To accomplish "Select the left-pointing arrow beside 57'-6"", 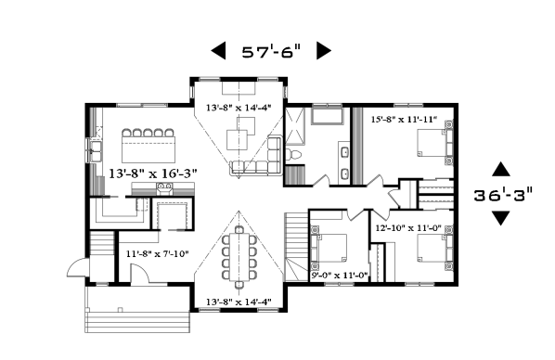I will (218, 51).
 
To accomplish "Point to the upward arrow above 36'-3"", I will (500, 170).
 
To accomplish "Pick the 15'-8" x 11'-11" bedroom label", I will (404, 120).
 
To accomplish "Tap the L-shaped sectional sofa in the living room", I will (260, 160).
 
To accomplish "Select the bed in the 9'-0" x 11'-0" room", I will (331, 248).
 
